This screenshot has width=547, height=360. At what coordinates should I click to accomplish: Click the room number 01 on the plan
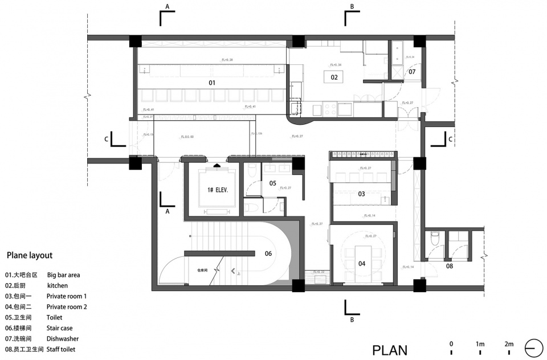click(211, 83)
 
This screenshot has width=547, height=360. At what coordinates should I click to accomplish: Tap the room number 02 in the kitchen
click(334, 77)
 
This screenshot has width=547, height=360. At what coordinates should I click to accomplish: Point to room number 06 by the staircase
click(268, 254)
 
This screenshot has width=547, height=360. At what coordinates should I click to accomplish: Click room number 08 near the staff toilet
click(449, 265)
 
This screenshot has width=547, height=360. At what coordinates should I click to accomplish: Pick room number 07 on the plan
click(411, 72)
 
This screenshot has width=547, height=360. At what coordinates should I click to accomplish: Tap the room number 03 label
click(361, 194)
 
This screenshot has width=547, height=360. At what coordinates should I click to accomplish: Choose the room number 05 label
click(272, 183)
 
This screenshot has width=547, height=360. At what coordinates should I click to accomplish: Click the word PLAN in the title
click(390, 350)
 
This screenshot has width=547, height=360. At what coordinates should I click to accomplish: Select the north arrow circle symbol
click(534, 347)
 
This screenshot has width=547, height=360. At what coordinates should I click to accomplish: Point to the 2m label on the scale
click(508, 343)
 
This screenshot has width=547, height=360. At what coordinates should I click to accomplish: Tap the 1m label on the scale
click(480, 343)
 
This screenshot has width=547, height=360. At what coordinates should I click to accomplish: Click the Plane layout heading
click(29, 256)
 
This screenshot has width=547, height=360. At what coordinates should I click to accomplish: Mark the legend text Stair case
click(60, 328)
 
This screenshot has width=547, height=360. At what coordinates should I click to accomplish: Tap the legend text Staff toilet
click(61, 349)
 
